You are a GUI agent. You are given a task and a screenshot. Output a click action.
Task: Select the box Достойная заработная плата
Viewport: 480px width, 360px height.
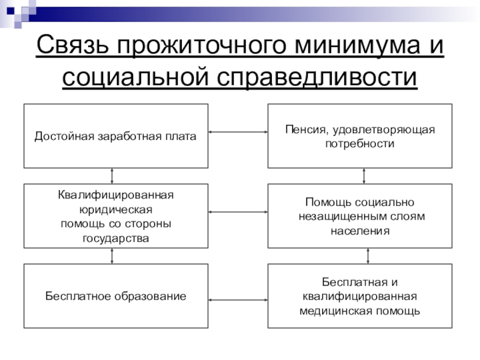pos(116,136)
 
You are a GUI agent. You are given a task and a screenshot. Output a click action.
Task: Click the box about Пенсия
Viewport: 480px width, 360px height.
pos(359,136)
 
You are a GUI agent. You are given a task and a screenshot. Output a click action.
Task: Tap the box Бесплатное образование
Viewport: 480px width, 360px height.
pos(116,296)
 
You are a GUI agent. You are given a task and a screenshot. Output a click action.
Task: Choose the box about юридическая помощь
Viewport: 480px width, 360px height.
pos(116,216)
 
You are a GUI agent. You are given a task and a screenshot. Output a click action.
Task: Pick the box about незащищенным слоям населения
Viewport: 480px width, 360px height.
pos(359,216)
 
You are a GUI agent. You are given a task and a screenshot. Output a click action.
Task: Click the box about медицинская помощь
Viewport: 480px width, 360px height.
pos(359,296)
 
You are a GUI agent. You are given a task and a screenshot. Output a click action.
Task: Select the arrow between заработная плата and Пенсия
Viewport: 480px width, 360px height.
pos(238,132)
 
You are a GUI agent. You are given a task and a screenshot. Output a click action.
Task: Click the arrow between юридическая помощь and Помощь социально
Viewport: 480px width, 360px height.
pos(238,212)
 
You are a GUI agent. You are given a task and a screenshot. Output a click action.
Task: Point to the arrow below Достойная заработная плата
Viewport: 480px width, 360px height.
pos(112,176)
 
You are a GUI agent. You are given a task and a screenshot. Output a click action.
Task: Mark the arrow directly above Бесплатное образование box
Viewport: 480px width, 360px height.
pos(112,256)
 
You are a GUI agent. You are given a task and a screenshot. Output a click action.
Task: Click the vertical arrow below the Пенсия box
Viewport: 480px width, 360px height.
pos(364,176)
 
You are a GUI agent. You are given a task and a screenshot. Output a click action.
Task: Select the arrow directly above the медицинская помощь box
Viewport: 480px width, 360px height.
pos(367,256)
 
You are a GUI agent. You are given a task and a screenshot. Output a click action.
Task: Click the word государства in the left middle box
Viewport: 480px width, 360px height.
pos(116,238)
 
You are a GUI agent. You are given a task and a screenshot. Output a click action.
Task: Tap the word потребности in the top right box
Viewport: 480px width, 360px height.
pos(359,144)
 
